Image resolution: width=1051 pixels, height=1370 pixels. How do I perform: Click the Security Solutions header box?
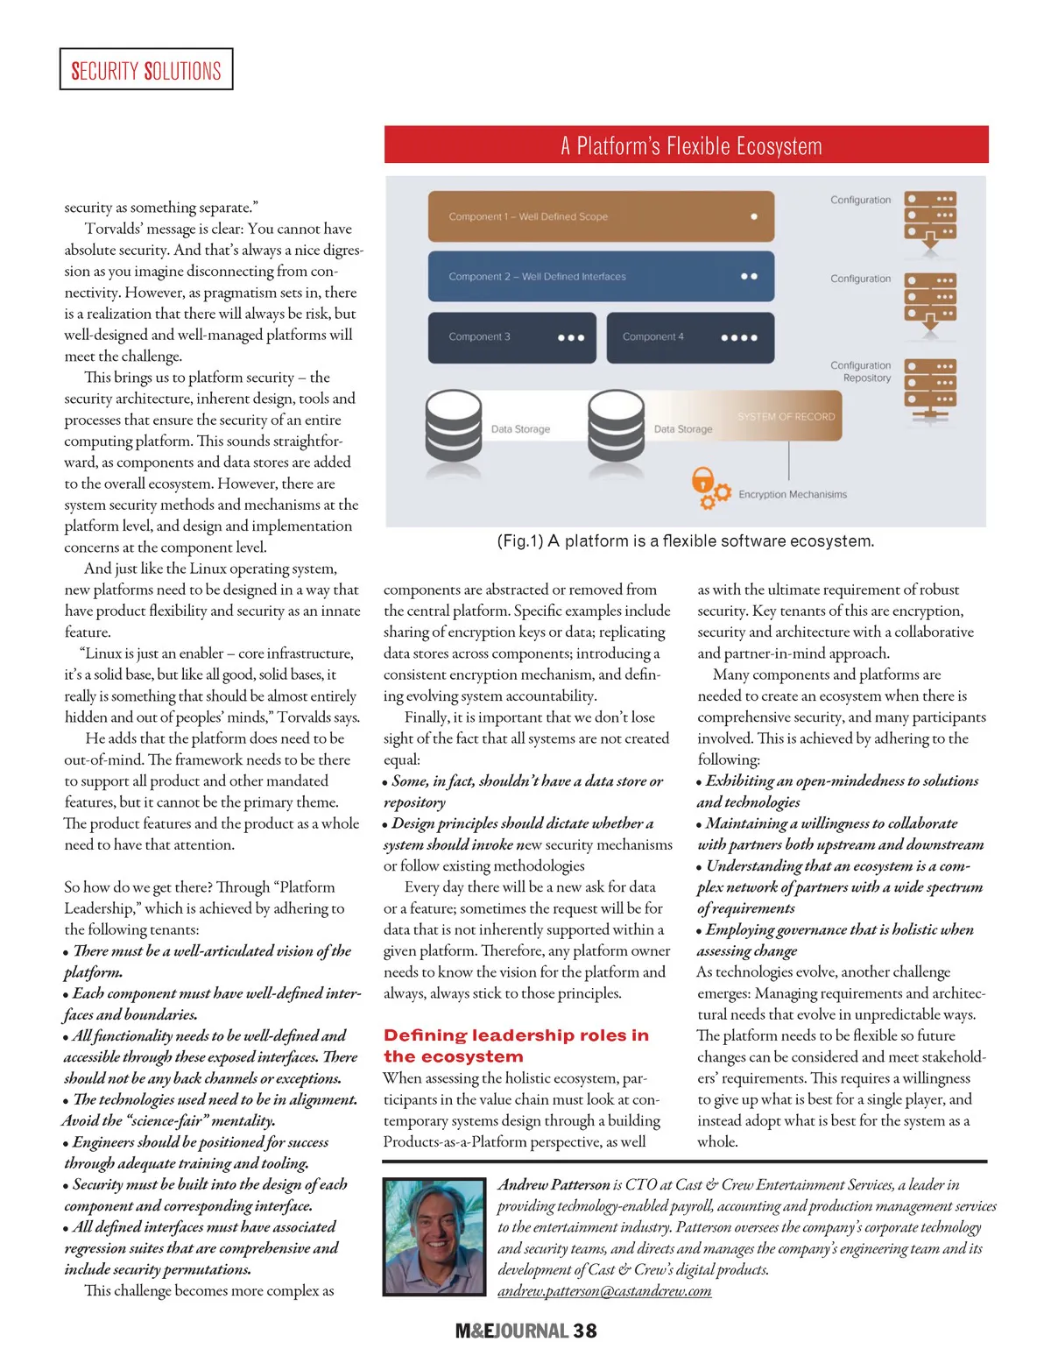[146, 70]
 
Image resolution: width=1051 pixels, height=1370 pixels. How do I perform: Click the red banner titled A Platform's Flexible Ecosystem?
[686, 145]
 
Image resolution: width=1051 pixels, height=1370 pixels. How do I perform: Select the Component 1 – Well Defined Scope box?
[601, 216]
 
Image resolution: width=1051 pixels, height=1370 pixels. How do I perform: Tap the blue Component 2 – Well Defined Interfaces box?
[601, 276]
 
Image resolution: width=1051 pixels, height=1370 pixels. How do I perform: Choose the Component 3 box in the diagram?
[511, 337]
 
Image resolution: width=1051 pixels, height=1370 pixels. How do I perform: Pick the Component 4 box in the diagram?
[690, 337]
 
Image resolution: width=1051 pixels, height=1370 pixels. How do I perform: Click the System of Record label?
[786, 417]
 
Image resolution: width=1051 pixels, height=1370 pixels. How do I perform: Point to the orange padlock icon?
[702, 481]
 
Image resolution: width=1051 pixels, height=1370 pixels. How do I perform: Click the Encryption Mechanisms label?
[792, 495]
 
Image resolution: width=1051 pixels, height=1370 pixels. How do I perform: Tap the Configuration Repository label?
[861, 371]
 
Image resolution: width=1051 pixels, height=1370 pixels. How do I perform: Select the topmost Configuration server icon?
[930, 215]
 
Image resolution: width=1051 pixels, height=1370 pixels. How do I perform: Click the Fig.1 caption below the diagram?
[685, 541]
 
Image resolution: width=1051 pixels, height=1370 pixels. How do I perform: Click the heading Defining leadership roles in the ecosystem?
[516, 1046]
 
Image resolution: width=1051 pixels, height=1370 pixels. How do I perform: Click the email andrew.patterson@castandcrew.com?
[604, 1291]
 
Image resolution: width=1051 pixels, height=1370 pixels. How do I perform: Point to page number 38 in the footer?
[584, 1331]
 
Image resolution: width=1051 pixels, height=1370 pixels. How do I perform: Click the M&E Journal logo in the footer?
[512, 1331]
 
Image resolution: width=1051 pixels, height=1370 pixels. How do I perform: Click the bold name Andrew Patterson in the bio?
[554, 1185]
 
